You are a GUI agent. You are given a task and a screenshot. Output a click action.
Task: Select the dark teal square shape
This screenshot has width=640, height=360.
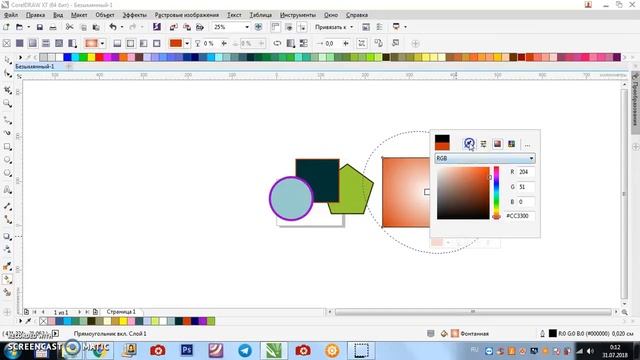coord(320,172)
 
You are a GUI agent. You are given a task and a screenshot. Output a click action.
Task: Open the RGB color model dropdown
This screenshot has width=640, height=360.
coord(485,158)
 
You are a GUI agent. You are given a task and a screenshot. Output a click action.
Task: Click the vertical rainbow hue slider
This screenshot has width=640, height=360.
coord(495,194)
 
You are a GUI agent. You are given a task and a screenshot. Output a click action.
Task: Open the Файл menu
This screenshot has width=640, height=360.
coord(10,16)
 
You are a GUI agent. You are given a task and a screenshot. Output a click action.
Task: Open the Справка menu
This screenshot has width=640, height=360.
coord(356,16)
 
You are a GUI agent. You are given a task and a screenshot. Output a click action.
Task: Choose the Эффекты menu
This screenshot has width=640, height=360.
coord(134,16)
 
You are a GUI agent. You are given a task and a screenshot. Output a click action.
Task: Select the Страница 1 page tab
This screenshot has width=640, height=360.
coord(121,311)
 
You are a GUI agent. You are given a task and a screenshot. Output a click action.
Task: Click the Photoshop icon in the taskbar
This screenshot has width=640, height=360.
coord(186,350)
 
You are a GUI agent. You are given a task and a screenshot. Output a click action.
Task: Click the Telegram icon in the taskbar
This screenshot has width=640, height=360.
coord(244,350)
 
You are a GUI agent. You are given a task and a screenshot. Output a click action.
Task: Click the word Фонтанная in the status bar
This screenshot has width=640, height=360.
coord(477,332)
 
